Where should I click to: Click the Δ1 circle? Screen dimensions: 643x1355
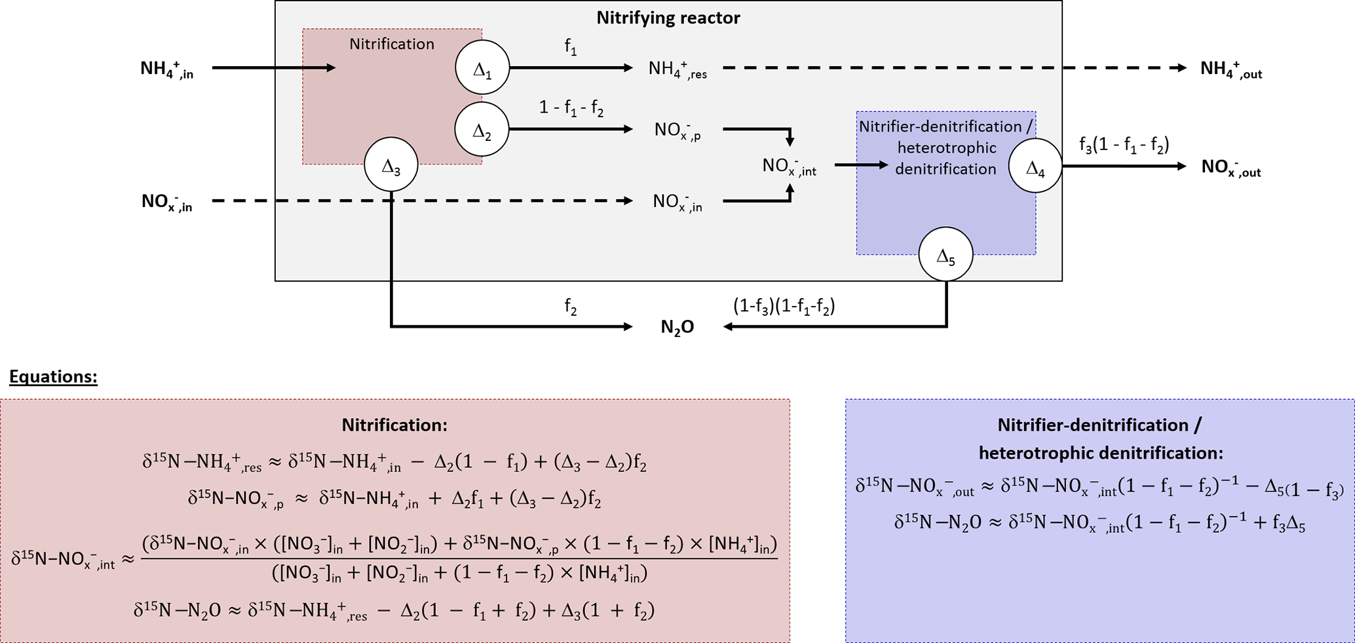[482, 68]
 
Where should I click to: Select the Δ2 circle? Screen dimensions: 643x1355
[482, 129]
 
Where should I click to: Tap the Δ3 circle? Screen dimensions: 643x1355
[391, 165]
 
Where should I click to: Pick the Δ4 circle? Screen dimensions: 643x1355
[1035, 166]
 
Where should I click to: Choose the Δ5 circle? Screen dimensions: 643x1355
[945, 254]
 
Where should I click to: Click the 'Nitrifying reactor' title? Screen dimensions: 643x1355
[668, 18]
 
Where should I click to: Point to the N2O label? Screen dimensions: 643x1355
[677, 327]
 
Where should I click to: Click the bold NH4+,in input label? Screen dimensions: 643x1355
[167, 69]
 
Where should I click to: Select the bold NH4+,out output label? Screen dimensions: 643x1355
[1231, 69]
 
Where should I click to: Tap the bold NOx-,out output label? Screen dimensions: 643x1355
[1231, 168]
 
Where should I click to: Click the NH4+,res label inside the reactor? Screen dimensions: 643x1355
[677, 69]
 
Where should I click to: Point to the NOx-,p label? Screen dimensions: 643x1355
[677, 130]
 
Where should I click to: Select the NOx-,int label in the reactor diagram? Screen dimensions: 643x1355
[789, 166]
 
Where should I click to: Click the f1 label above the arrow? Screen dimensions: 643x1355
[571, 47]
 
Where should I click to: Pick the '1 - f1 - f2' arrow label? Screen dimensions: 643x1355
[571, 107]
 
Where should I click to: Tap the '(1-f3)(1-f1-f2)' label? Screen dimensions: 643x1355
[784, 306]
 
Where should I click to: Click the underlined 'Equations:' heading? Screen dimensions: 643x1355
[53, 377]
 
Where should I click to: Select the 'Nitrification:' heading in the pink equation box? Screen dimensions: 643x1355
[394, 425]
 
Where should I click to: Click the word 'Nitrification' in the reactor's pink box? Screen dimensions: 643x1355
[392, 44]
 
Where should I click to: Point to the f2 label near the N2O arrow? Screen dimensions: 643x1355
[571, 307]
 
